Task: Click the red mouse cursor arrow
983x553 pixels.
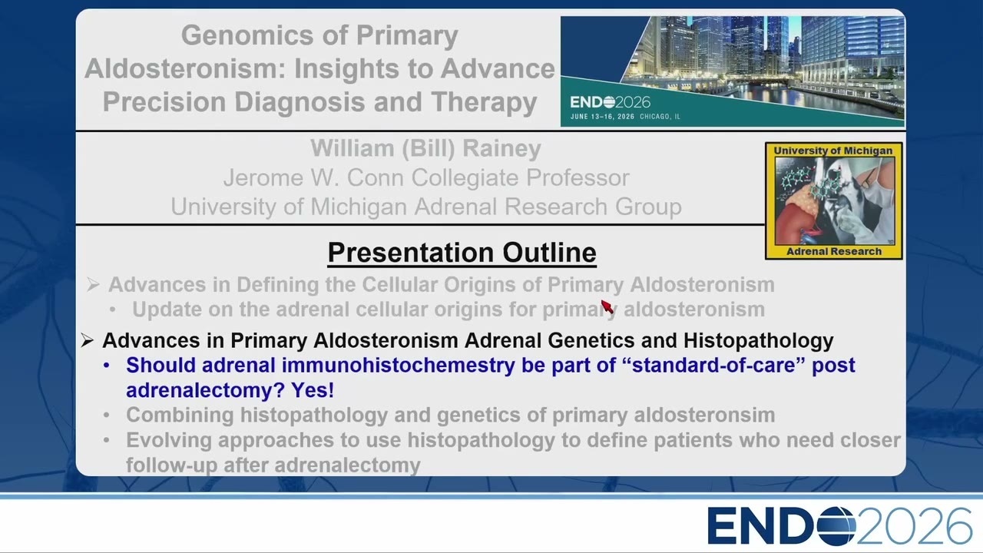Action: pyautogui.click(x=607, y=306)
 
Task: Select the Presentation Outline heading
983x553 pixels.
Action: pyautogui.click(x=462, y=253)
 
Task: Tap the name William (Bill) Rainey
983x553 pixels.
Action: pyautogui.click(x=425, y=148)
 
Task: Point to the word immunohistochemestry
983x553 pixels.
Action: pyautogui.click(x=398, y=365)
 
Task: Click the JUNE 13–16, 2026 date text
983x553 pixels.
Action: pyautogui.click(x=603, y=117)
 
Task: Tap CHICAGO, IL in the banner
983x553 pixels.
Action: pyautogui.click(x=660, y=117)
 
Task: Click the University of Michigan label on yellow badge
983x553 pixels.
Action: pyautogui.click(x=833, y=151)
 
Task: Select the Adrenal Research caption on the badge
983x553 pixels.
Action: pyautogui.click(x=834, y=251)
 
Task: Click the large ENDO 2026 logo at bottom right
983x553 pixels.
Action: pyautogui.click(x=839, y=526)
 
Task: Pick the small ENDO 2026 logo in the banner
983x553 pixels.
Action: pyautogui.click(x=610, y=102)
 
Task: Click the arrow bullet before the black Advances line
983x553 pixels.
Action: pyautogui.click(x=87, y=340)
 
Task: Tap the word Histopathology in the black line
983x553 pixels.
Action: pyautogui.click(x=758, y=340)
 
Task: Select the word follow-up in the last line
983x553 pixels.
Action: pyautogui.click(x=171, y=465)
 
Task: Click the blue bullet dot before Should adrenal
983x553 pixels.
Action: pyautogui.click(x=107, y=366)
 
